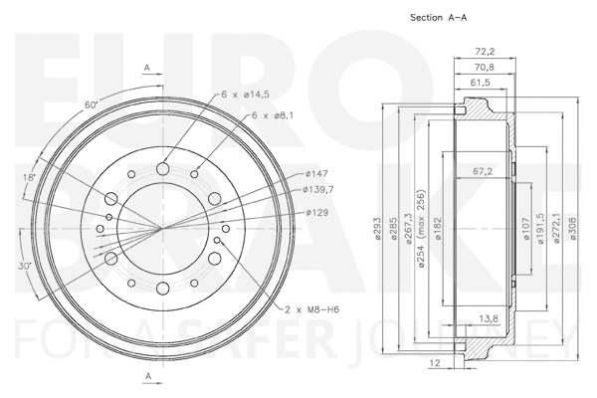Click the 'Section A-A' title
tap(438, 18)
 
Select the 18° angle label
tap(31, 177)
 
